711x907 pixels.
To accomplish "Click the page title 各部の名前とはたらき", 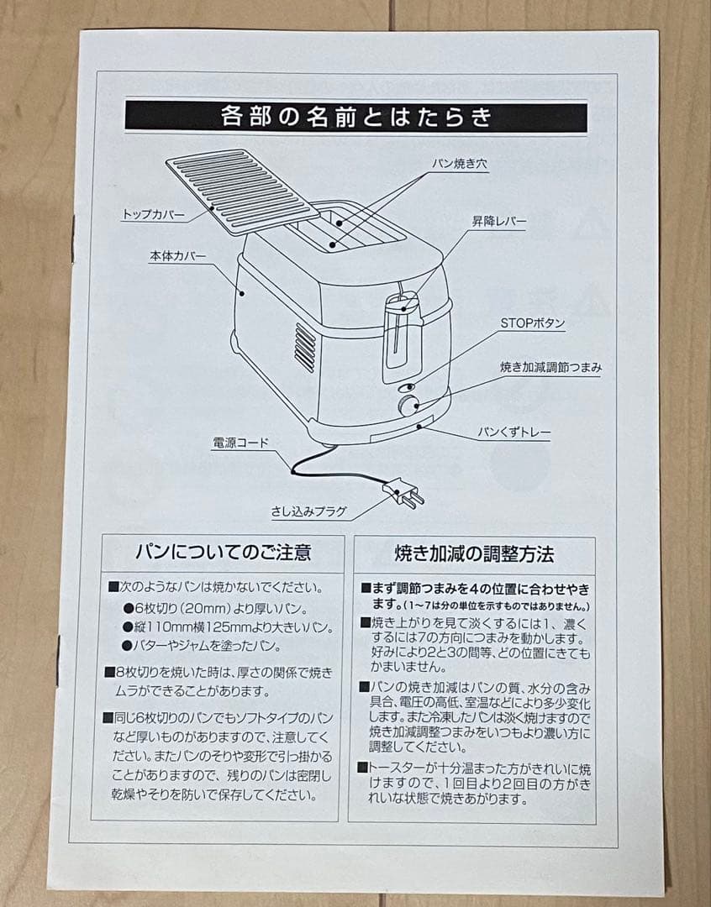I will (x=355, y=116).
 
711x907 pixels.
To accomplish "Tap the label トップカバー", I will (x=154, y=215).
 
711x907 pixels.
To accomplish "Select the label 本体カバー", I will (x=178, y=255).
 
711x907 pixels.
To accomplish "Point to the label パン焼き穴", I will (x=460, y=164).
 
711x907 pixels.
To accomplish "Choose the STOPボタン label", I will (x=533, y=323).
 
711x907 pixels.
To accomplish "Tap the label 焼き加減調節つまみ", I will (x=550, y=367).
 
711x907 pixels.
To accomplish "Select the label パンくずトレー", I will (x=514, y=433).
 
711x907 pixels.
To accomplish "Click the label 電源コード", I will (x=240, y=442).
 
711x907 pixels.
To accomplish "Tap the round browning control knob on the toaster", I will (x=409, y=406).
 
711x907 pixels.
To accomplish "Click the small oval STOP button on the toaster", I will (x=405, y=387).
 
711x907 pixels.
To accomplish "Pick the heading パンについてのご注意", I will (x=223, y=552).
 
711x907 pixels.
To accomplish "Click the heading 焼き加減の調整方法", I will (x=474, y=554).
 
